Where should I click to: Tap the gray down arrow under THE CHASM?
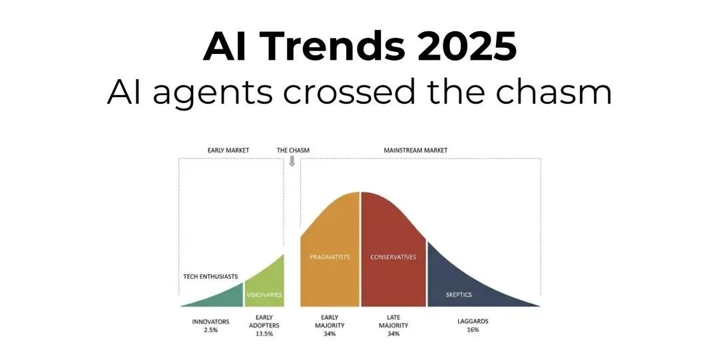(292, 160)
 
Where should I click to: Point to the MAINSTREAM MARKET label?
(415, 150)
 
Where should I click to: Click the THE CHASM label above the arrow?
(293, 150)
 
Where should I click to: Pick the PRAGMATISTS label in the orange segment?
(330, 257)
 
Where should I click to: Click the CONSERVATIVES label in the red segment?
(393, 257)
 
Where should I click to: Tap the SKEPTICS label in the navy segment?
(459, 293)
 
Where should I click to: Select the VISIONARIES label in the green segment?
(264, 294)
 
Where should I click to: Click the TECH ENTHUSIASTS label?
(210, 276)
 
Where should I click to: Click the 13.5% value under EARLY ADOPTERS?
(263, 334)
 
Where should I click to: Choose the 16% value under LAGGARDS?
(472, 330)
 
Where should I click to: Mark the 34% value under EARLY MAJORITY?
(330, 334)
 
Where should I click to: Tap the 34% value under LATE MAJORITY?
(393, 334)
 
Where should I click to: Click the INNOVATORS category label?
(211, 321)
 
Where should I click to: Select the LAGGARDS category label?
(472, 321)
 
